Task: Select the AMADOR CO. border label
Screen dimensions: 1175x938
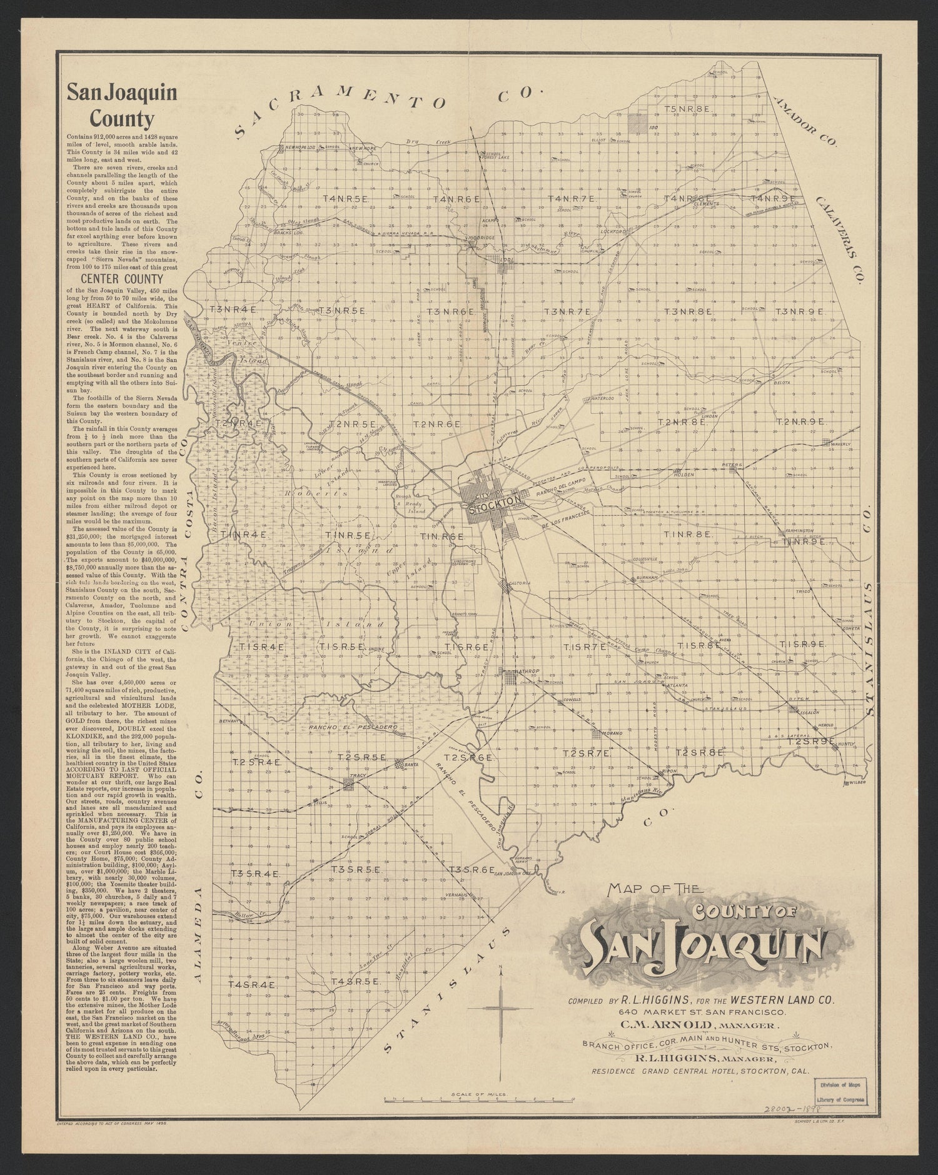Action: (805, 121)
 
